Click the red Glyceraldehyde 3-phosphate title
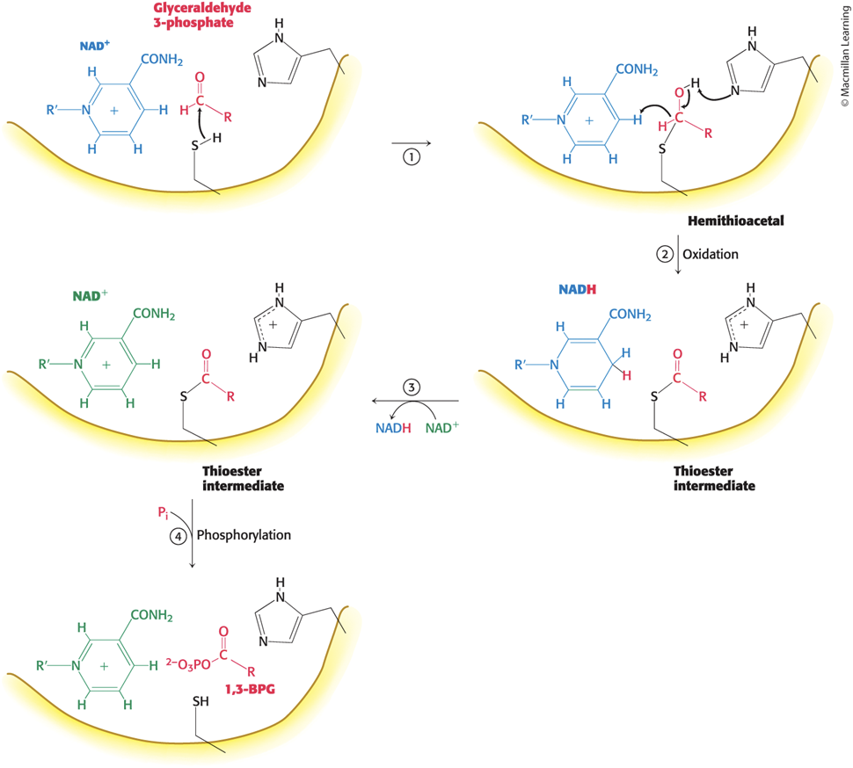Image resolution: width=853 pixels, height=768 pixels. [x=202, y=15]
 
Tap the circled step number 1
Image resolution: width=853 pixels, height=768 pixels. [x=412, y=157]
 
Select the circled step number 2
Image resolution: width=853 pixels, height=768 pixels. [x=665, y=254]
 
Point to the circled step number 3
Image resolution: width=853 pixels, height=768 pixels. [x=412, y=387]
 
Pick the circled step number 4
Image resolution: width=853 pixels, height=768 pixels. [x=178, y=537]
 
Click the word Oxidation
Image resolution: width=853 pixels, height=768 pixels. [x=711, y=254]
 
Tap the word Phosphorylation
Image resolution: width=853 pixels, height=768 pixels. [x=244, y=535]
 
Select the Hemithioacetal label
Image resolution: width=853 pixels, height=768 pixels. [x=736, y=221]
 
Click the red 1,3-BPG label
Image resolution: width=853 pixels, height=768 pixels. [x=251, y=689]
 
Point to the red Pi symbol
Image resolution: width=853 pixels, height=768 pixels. [x=164, y=512]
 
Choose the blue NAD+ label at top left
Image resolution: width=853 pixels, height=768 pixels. [x=94, y=46]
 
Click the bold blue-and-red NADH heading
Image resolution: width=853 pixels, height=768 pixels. [x=577, y=290]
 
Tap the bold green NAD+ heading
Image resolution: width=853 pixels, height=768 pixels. [x=91, y=295]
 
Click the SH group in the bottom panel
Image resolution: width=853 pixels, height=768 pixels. [x=200, y=702]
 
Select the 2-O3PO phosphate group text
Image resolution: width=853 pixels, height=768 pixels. [x=188, y=664]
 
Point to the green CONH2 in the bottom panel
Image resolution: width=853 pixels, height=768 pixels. [x=152, y=615]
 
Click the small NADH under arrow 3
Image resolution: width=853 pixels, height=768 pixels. [x=393, y=428]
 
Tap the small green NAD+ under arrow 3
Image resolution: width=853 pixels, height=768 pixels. [x=442, y=428]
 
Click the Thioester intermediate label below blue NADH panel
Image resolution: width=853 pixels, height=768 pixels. [x=714, y=478]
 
